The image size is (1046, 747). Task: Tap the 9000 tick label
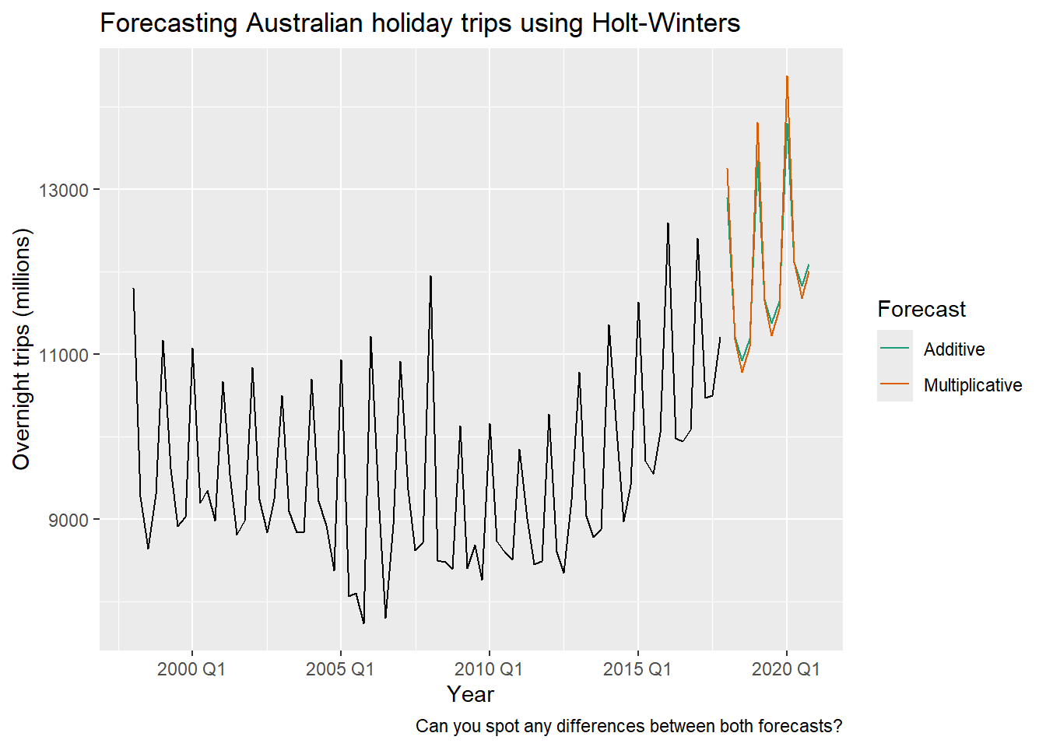pos(68,520)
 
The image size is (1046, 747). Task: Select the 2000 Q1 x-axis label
pos(191,669)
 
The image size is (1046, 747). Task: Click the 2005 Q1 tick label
pos(340,669)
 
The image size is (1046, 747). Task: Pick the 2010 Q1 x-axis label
pos(489,669)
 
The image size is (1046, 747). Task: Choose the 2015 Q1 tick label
pos(637,669)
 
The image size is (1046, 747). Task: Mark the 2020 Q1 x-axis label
pos(786,669)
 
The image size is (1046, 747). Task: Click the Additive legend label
pos(954,349)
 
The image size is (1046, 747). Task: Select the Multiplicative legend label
pos(973,385)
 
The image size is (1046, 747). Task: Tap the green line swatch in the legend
pos(895,349)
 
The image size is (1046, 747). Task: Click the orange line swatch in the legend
pos(895,385)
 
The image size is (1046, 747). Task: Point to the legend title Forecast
pos(921,310)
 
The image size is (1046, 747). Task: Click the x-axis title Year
pos(471,694)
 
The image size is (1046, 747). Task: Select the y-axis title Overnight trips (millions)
pos(22,349)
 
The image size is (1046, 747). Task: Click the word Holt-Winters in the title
pos(666,23)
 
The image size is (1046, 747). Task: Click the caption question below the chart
pos(629,726)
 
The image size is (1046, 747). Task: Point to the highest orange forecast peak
pos(787,77)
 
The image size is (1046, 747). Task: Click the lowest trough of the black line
pos(363,622)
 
